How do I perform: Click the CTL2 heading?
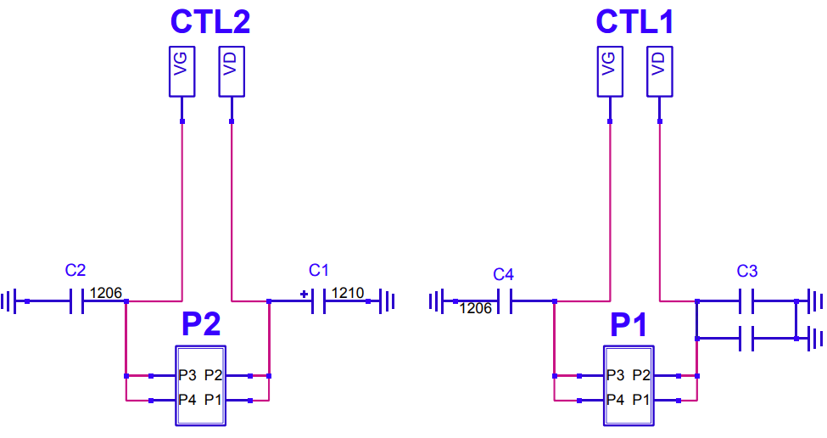210,21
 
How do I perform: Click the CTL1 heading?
635,21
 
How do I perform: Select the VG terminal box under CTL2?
182,71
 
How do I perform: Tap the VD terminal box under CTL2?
232,71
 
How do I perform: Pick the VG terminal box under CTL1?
610,71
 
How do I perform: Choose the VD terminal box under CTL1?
660,71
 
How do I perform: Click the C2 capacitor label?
75,270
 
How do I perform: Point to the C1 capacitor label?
319,270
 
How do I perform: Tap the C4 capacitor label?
503,274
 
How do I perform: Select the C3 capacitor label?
746,272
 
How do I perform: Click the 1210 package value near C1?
348,293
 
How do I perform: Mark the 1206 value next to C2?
106,293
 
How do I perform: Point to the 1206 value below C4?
476,308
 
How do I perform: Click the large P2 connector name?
201,324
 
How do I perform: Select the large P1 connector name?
629,324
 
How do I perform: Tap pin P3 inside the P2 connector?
187,375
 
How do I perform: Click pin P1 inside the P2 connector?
213,400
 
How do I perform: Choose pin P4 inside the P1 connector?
616,400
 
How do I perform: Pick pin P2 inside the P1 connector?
641,375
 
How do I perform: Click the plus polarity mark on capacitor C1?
304,294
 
